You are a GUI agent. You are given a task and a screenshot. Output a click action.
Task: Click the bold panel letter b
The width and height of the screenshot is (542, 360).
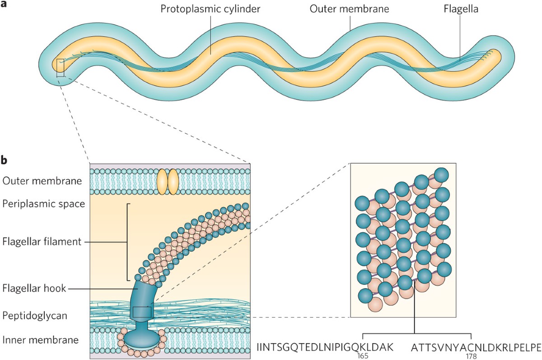[x=4, y=159]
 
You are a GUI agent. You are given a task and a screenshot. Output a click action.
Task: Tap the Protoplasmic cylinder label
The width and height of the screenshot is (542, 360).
[x=210, y=9]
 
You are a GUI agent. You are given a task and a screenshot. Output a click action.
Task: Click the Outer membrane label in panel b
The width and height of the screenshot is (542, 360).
[x=42, y=181]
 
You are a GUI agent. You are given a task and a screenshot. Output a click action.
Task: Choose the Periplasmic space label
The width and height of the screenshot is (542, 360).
[x=43, y=204]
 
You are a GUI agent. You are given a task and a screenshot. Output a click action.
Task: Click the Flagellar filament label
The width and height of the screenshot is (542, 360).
[x=42, y=242]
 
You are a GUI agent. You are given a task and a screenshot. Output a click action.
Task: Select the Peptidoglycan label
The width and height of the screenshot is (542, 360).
[x=34, y=315]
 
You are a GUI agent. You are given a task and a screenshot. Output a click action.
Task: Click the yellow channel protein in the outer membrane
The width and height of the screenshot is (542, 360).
[x=168, y=182]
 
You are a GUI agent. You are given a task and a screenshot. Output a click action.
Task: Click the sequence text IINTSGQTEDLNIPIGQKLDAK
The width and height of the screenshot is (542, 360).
[x=325, y=347]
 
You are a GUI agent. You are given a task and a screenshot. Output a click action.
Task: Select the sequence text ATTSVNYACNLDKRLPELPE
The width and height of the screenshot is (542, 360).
[x=476, y=347]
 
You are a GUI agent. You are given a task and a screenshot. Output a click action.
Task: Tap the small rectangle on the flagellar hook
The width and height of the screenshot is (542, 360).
[x=142, y=312]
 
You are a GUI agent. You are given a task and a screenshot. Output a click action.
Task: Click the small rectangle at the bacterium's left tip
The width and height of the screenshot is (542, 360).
[x=60, y=68]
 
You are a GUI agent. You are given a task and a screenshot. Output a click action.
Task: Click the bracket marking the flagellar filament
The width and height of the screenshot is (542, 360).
[x=128, y=242]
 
